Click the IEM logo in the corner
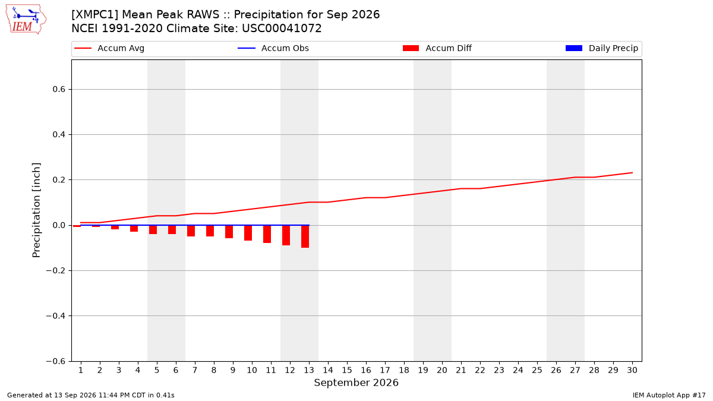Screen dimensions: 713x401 [x=26, y=19]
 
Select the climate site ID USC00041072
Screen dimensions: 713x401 [x=282, y=29]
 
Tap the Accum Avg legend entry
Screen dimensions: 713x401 [x=109, y=48]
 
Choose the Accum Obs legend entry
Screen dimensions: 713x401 [x=273, y=48]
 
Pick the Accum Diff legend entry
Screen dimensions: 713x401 [x=437, y=48]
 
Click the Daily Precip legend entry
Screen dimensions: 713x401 [x=602, y=48]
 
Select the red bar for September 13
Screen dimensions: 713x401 [x=305, y=236]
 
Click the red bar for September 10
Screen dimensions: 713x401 [x=248, y=233]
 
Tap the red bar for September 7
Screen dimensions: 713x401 [x=191, y=231]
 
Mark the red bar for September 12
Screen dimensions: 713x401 [x=286, y=235]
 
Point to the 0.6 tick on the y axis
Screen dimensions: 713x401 [x=59, y=90]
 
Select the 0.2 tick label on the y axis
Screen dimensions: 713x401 [x=59, y=180]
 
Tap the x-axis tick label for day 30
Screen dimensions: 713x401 [x=632, y=371]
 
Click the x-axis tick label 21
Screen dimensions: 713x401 [x=461, y=371]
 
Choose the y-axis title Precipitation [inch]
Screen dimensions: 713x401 [x=36, y=210]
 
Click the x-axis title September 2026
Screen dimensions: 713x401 [x=356, y=383]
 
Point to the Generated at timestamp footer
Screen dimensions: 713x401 [x=91, y=395]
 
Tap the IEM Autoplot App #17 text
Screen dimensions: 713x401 [x=669, y=395]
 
